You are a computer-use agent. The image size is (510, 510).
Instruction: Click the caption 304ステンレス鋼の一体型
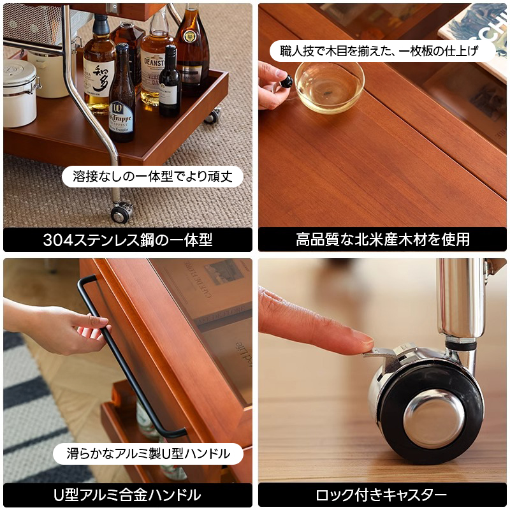pyautogui.click(x=127, y=240)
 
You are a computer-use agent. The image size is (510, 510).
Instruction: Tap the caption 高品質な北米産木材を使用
pyautogui.click(x=382, y=240)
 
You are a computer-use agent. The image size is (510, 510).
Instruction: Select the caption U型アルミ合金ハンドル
pyautogui.click(x=127, y=495)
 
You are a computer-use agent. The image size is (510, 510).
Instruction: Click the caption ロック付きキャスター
pyautogui.click(x=382, y=495)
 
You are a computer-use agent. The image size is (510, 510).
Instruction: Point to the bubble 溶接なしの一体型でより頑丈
pyautogui.click(x=152, y=177)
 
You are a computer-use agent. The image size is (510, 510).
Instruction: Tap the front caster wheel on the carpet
pyautogui.click(x=120, y=212)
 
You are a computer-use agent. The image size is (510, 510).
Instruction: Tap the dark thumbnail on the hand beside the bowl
pyautogui.click(x=286, y=81)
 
